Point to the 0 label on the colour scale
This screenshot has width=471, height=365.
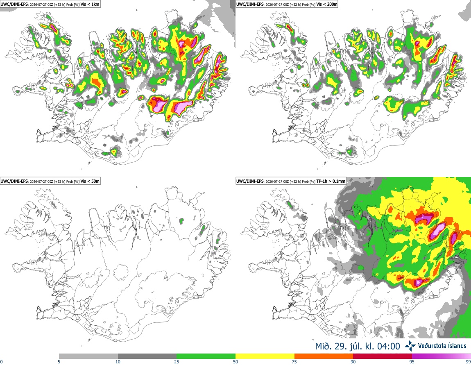(x=1, y=362)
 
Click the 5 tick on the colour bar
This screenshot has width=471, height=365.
(x=59, y=362)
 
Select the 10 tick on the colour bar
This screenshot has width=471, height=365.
(x=118, y=362)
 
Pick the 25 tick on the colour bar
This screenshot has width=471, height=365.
(x=177, y=362)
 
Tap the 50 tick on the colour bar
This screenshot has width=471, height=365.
(x=235, y=362)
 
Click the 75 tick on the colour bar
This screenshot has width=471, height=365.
(x=294, y=362)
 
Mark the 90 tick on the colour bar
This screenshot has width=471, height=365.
(x=353, y=362)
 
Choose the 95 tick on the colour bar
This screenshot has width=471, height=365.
(x=412, y=362)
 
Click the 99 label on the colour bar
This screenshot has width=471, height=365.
(x=468, y=362)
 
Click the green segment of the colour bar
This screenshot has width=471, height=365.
(x=206, y=356)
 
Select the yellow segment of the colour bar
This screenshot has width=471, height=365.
(x=265, y=356)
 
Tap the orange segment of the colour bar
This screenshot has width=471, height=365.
(x=324, y=356)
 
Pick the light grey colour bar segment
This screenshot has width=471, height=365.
(x=88, y=356)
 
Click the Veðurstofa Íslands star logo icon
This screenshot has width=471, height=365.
(x=410, y=346)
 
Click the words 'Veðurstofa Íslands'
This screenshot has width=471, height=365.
(x=442, y=346)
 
